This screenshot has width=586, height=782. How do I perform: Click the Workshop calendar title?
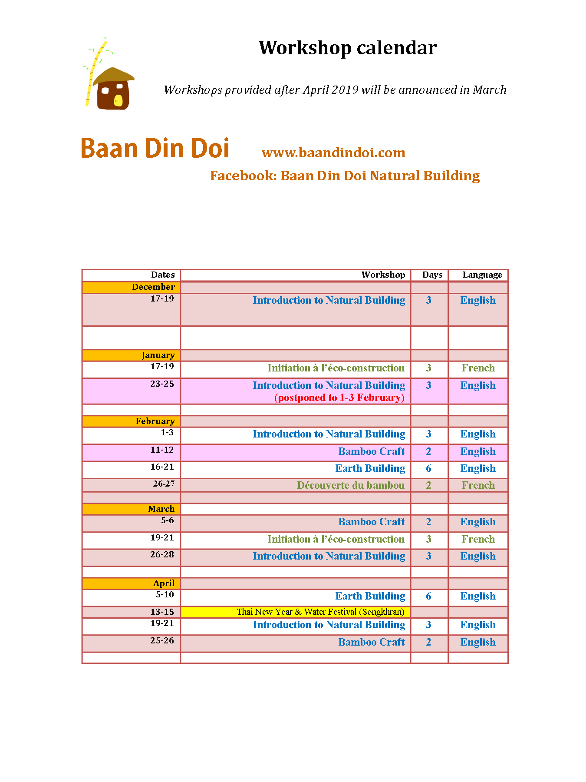point(347,48)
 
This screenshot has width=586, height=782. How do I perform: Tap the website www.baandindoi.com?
point(333,152)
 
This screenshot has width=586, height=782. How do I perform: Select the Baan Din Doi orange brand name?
point(155,149)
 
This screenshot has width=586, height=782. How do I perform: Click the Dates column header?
point(163,275)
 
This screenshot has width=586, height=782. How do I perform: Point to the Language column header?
point(482,275)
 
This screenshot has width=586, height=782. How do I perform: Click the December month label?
point(153,287)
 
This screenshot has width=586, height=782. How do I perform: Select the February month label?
point(155,421)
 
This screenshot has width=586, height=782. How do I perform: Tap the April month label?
point(164,583)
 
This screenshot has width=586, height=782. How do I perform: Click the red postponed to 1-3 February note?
point(339,398)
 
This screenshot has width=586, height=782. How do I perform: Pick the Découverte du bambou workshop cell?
point(351,485)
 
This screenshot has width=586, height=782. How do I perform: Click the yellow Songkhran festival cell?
point(320,612)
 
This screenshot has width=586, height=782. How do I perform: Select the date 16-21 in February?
point(162,467)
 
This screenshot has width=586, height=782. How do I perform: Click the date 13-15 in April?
point(162,612)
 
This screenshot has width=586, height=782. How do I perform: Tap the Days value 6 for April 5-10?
point(428,596)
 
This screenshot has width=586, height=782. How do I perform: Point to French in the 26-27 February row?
point(478,485)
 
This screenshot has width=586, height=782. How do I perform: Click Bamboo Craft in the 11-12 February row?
point(372,451)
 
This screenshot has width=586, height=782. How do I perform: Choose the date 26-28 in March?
point(162,555)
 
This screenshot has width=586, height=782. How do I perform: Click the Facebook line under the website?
point(345,176)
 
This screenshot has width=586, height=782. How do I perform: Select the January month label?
point(158,355)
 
